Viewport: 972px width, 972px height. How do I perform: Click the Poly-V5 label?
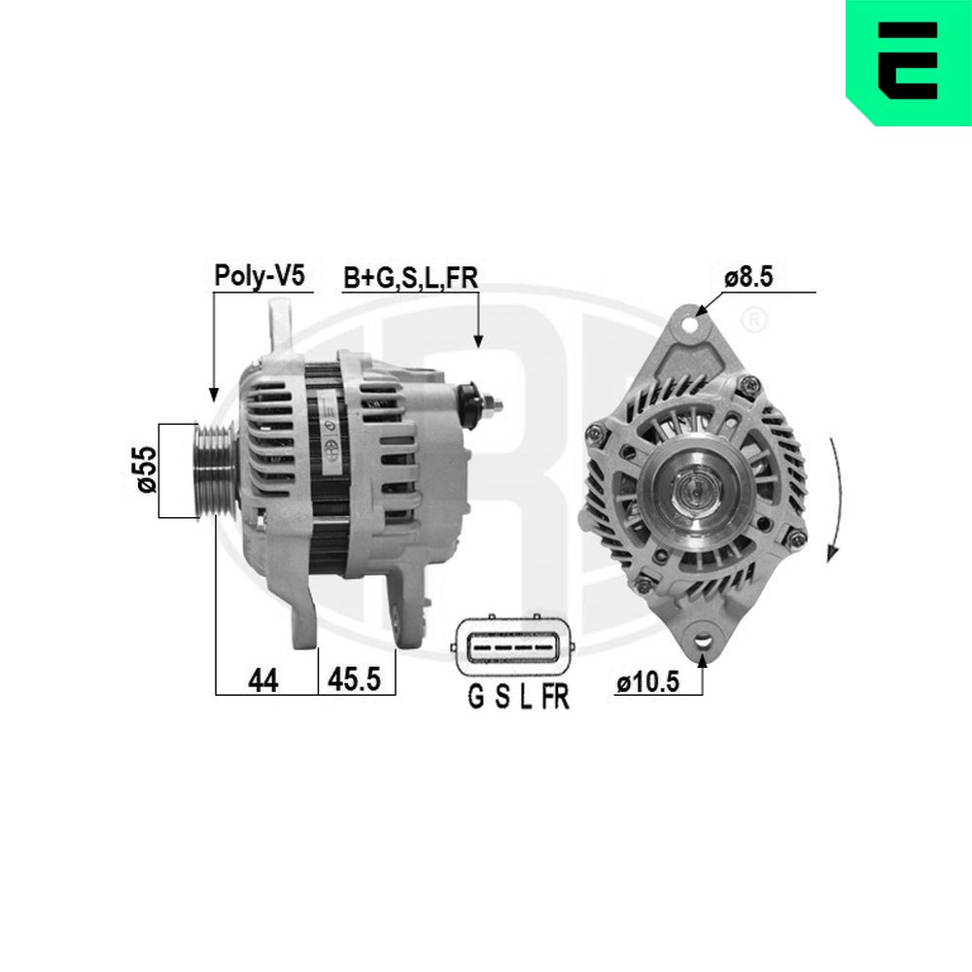pos(260,275)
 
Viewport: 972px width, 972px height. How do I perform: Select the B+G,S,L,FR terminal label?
pos(411,278)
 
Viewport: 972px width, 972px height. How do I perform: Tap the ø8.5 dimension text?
pos(748,276)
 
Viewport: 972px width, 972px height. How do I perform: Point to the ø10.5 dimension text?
pos(647,682)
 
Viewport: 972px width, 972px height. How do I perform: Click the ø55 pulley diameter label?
pos(148,469)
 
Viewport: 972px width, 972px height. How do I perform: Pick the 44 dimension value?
pos(262,680)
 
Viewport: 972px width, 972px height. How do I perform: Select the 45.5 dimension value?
pos(354,678)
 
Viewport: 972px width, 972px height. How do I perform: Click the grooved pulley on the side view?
pos(214,469)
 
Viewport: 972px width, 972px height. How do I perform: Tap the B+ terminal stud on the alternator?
pos(480,403)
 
